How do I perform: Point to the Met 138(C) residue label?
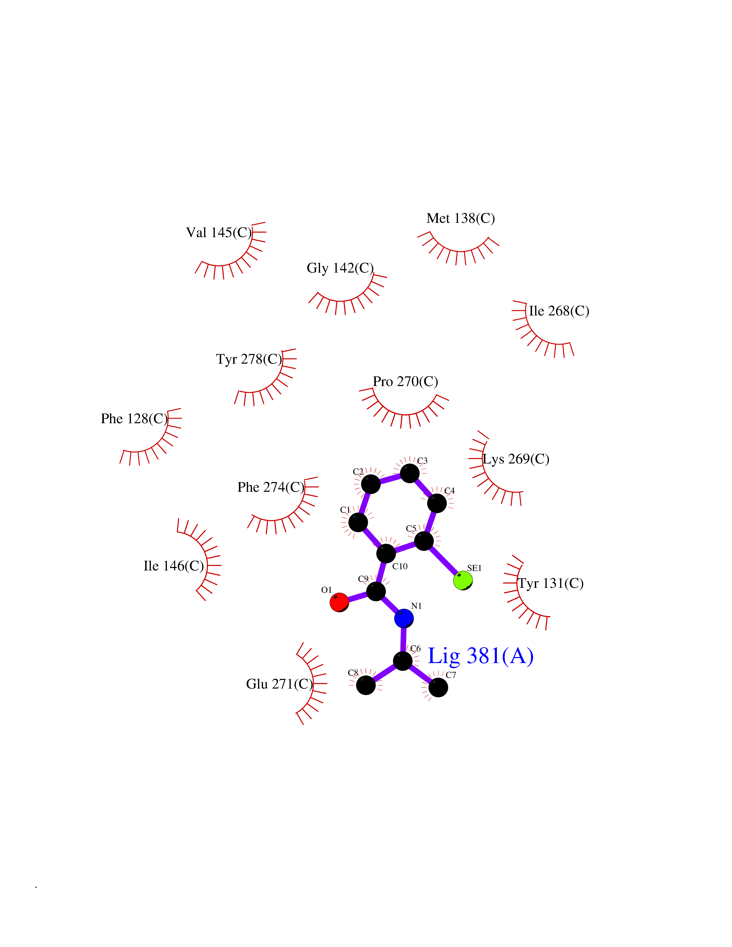pos(461,218)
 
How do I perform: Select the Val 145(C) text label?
pos(219,232)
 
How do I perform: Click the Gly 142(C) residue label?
pos(340,268)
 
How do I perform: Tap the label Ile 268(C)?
pos(559,311)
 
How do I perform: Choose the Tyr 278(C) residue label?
pos(249,359)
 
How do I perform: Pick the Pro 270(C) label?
pos(405,381)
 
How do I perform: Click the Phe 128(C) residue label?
pos(134,418)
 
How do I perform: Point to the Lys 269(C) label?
pos(516,459)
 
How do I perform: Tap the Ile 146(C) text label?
pos(173,566)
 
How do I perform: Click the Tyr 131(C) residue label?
pos(551,583)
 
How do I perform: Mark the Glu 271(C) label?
pos(279,684)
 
